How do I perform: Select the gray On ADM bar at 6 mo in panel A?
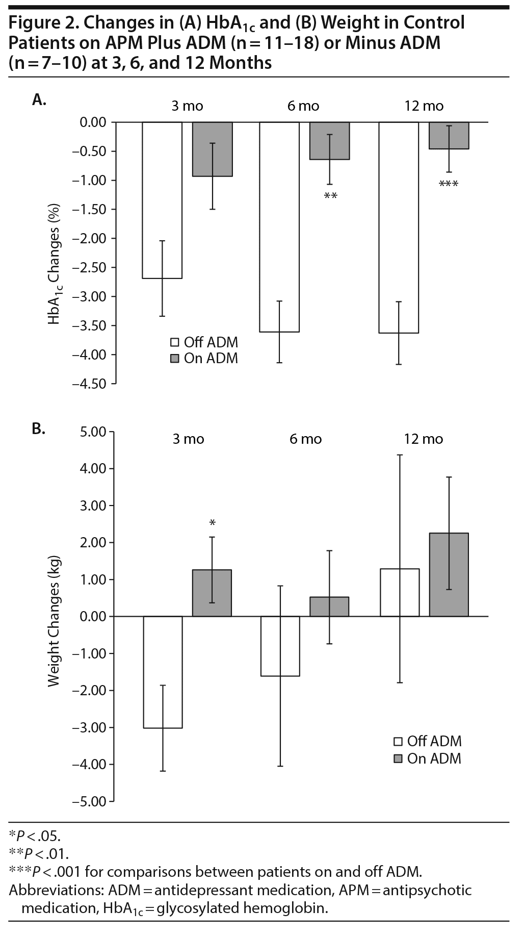[330, 141]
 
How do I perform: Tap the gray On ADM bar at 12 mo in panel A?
[449, 135]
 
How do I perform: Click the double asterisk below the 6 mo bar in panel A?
[331, 196]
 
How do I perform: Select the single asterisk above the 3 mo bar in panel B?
[213, 523]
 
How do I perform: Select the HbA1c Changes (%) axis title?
[55, 264]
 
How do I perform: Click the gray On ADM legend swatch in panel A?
[175, 359]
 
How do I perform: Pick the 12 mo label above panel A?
[424, 106]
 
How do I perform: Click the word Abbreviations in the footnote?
[57, 891]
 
